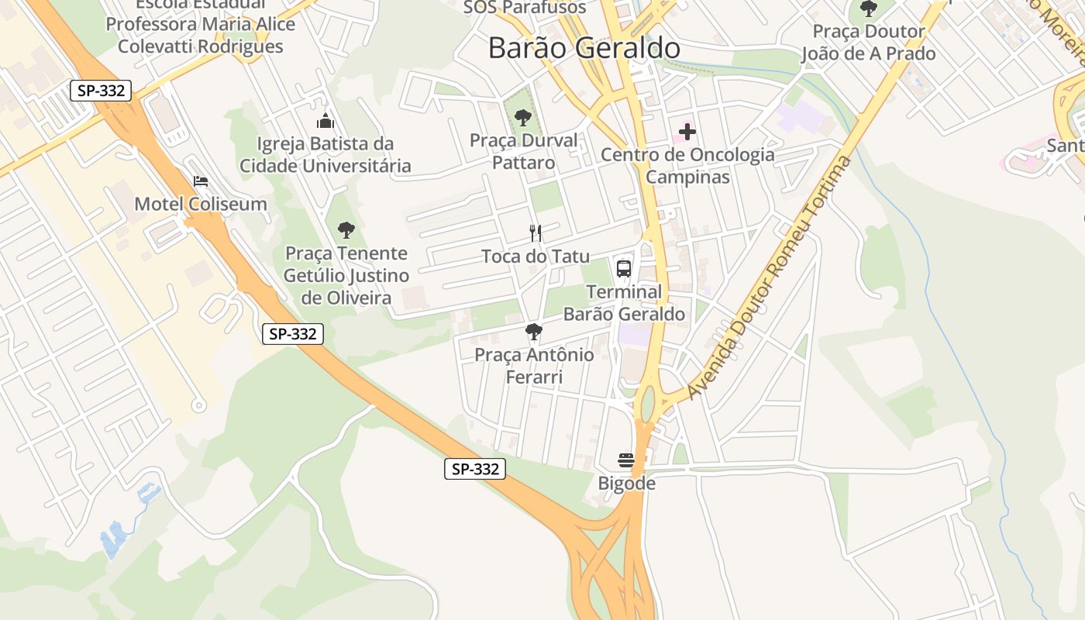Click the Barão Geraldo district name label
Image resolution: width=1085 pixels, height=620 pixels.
[x=584, y=48]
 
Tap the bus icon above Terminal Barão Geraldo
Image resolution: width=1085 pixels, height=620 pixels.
[x=624, y=269]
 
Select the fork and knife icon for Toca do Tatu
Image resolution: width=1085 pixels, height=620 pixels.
[x=535, y=232]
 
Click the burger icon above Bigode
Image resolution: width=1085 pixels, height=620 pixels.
[x=626, y=460]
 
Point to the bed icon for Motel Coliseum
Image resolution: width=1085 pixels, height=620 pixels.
[x=201, y=181]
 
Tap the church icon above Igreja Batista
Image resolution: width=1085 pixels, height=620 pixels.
[x=325, y=120]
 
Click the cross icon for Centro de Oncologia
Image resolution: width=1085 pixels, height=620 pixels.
[x=687, y=132]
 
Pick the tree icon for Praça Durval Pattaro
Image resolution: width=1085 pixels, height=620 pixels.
[x=523, y=118]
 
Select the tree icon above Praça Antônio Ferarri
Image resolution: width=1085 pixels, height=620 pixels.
[x=533, y=332]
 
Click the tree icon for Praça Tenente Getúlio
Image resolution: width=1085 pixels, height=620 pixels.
[x=346, y=229]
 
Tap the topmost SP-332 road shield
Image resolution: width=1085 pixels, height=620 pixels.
[x=101, y=91]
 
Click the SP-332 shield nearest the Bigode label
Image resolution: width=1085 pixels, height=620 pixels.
[x=475, y=469]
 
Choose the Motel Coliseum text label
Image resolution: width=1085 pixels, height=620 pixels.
[x=201, y=204]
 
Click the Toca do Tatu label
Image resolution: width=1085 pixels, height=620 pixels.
[x=536, y=257]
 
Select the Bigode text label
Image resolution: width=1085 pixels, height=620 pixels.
[x=626, y=484]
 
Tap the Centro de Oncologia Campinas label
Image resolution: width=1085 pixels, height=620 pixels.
[x=687, y=166]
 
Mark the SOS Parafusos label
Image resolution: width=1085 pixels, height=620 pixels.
[x=525, y=8]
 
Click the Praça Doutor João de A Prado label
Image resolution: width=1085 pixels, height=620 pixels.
[x=868, y=43]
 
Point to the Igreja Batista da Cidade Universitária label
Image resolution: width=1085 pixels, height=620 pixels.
[x=325, y=154]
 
